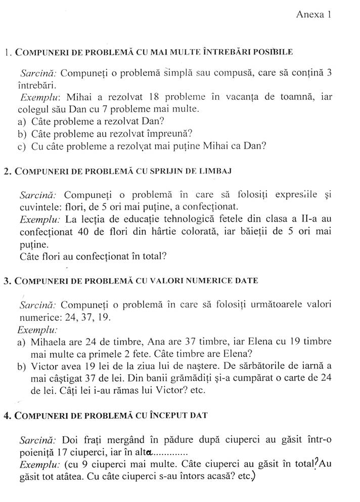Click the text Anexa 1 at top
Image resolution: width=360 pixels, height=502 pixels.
coord(313,15)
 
